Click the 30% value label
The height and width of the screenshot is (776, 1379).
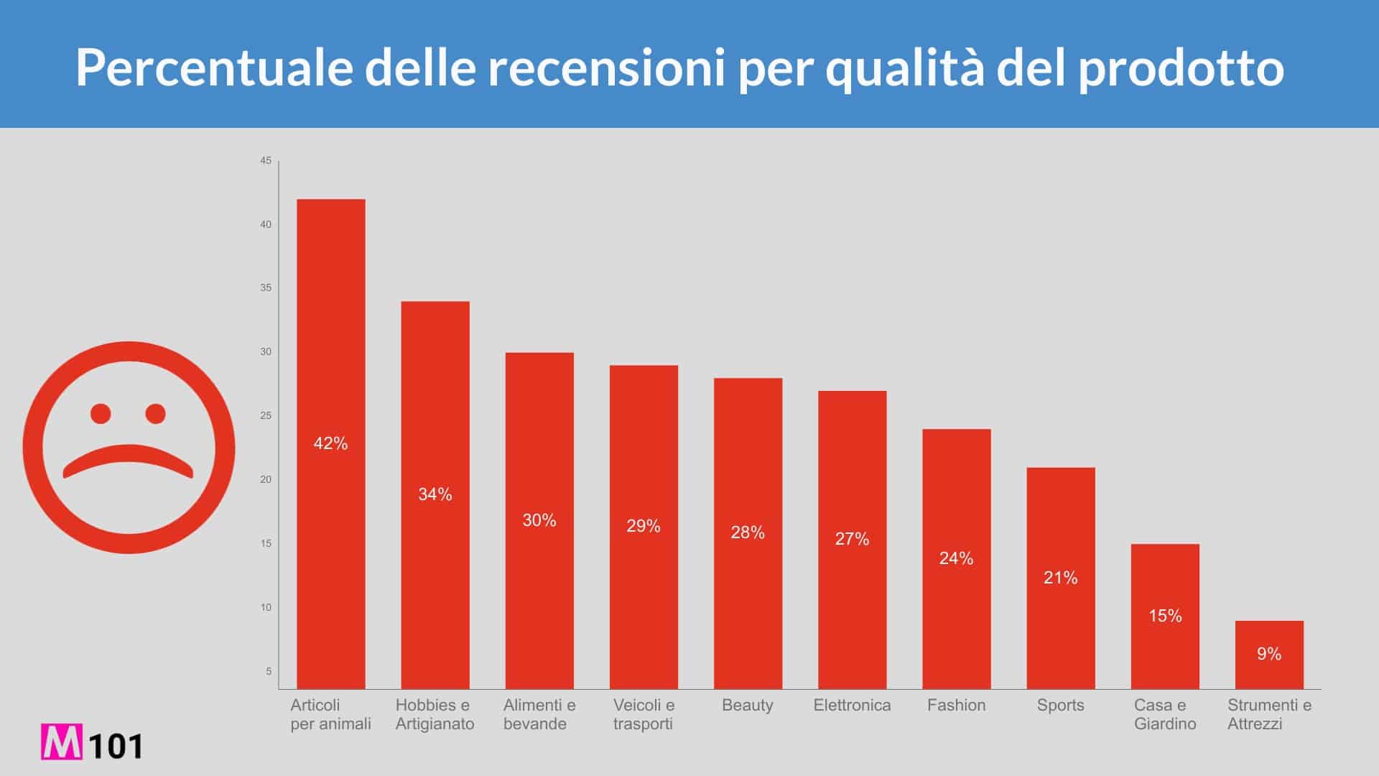click(539, 520)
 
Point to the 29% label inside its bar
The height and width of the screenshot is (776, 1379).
click(644, 526)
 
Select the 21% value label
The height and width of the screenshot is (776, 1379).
click(1060, 578)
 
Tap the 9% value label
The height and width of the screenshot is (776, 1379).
click(1268, 654)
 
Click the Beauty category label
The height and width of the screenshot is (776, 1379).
click(747, 705)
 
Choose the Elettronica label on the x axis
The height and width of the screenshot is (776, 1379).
click(852, 705)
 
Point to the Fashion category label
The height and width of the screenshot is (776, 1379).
click(956, 705)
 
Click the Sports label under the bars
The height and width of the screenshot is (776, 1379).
click(1060, 705)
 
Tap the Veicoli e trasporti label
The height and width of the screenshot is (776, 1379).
click(644, 714)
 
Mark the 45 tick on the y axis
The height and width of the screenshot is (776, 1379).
click(266, 160)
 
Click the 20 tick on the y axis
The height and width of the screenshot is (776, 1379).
click(266, 479)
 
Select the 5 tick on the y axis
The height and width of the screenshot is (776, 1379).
click(269, 671)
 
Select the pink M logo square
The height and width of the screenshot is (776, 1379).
click(61, 742)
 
